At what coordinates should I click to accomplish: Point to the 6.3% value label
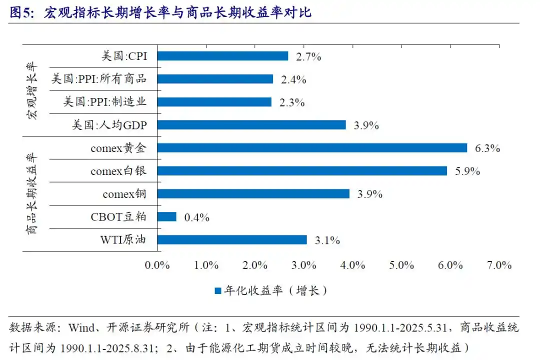(487, 148)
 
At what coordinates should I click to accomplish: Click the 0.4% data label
(196, 217)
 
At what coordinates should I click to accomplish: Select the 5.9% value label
(467, 171)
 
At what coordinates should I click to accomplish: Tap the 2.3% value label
(292, 102)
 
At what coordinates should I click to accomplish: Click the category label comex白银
(118, 171)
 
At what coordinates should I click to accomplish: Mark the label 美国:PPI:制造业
(105, 102)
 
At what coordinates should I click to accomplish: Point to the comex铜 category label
(124, 194)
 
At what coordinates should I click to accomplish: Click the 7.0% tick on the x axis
(499, 265)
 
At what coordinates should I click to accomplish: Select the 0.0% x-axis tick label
(157, 265)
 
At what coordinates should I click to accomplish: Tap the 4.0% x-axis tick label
(353, 265)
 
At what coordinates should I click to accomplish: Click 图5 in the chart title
(20, 12)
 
